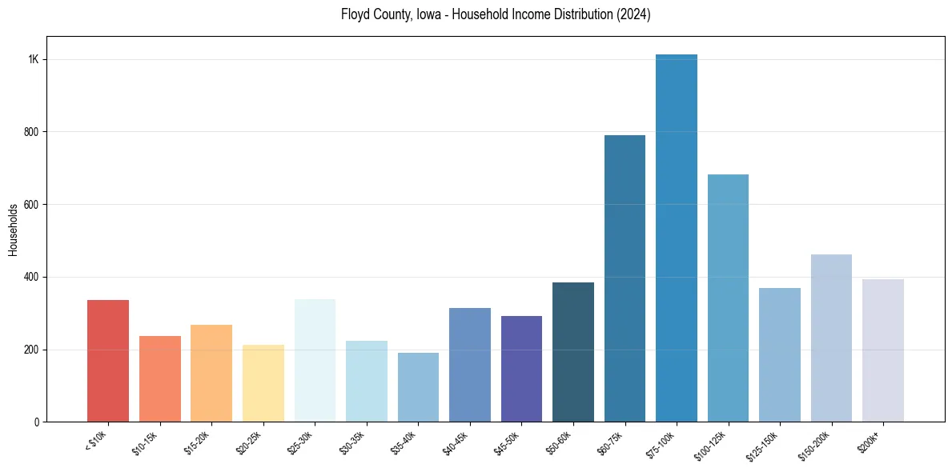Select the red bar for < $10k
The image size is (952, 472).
pos(108,361)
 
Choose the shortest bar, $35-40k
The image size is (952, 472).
pos(418,387)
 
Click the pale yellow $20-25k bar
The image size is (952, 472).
pos(263,383)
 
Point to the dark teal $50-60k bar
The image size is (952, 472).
pos(573,352)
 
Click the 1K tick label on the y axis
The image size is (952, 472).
pos(34,59)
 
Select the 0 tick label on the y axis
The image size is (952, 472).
pos(37,422)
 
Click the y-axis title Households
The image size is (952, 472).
pos(14,230)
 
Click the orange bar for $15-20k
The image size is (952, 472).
pos(211,373)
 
